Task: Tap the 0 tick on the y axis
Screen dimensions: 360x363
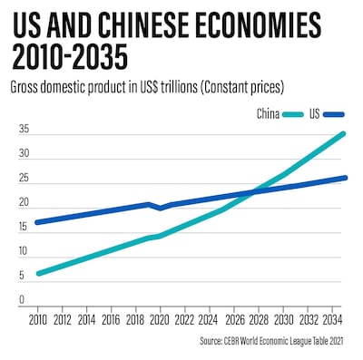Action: (x=25, y=298)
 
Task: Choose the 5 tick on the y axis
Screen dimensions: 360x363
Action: (x=25, y=275)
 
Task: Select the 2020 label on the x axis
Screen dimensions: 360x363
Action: (x=160, y=320)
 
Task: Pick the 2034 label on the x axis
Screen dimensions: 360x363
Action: (x=331, y=320)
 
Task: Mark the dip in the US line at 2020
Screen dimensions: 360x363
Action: (x=160, y=209)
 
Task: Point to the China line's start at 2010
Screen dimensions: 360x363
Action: (x=37, y=273)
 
